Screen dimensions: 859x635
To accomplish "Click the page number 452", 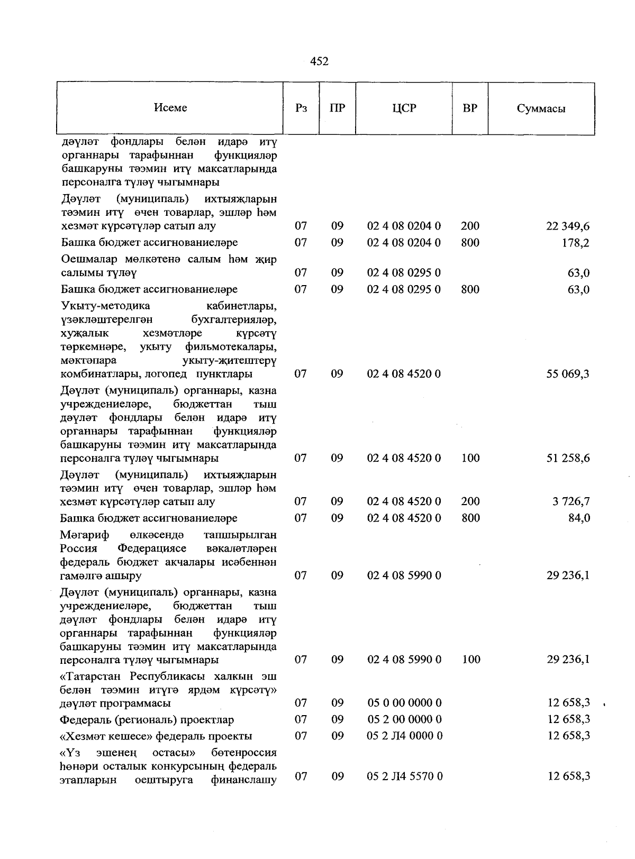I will (x=319, y=62).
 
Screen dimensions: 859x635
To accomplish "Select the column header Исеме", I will (x=170, y=108).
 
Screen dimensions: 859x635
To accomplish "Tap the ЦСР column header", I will (x=404, y=108).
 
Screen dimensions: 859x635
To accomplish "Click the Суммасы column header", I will (x=541, y=109).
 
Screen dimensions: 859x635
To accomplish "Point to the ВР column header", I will (x=470, y=108).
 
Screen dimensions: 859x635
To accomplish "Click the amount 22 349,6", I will (x=568, y=226).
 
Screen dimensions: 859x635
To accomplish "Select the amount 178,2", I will (x=576, y=243).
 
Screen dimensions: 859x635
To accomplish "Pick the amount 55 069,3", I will (x=568, y=374).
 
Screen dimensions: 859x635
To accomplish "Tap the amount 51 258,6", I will (x=568, y=458).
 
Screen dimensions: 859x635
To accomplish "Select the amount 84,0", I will (x=579, y=518).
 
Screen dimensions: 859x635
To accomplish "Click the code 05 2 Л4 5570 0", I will (x=405, y=776).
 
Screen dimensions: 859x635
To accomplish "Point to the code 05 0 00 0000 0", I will (x=404, y=703).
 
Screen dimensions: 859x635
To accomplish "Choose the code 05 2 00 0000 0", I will (x=404, y=719).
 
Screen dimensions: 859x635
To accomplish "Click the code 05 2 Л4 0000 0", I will (x=405, y=736).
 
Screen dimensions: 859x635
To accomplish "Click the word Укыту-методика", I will (x=106, y=306).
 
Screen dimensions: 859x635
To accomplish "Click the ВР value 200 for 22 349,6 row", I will (x=470, y=226).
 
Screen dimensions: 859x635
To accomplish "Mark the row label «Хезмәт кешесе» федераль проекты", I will (x=156, y=736).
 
